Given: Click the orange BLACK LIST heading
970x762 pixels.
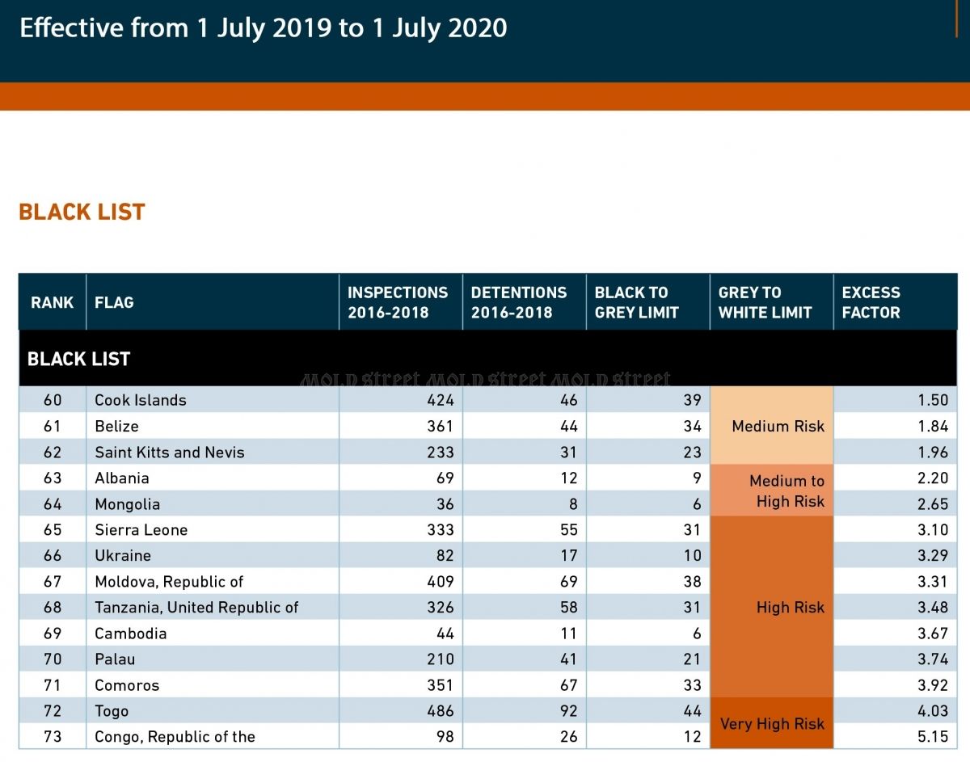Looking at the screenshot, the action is pos(82,212).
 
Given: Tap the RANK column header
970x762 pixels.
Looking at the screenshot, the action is pos(53,302).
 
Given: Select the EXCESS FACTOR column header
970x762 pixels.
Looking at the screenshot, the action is pos(871,302).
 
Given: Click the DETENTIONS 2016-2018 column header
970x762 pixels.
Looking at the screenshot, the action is pos(519,302).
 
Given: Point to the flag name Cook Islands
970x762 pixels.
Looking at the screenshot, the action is pos(141,400).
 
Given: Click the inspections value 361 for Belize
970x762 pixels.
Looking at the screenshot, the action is pos(441,426).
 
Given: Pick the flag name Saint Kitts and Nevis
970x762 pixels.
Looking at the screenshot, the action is pos(170,452).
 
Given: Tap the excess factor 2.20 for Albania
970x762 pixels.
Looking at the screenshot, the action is pos(933,478).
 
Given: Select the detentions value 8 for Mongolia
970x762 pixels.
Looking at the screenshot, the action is pos(573,504).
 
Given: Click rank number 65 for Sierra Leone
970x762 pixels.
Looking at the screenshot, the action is pos(53,529).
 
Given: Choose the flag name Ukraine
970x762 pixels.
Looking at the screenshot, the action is pos(123,555).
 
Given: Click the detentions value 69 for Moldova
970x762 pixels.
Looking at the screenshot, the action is pos(569,581).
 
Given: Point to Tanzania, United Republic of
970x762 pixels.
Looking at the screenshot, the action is pos(196,607).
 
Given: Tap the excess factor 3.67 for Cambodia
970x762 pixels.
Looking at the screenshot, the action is pos(933,633).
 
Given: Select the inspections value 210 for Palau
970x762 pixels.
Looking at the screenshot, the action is pos(441,659).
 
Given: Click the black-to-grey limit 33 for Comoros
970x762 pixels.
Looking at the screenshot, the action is pos(693,684).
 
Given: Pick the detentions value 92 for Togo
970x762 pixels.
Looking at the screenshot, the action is pos(569,711).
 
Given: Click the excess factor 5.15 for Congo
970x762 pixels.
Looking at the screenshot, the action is pos(933,737).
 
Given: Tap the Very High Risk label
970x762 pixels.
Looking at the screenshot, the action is pos(772,724).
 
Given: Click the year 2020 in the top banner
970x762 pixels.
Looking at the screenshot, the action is pos(478,27).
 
